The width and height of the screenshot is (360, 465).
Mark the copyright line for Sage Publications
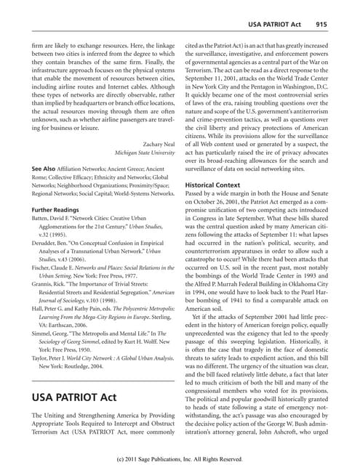click(180, 459)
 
